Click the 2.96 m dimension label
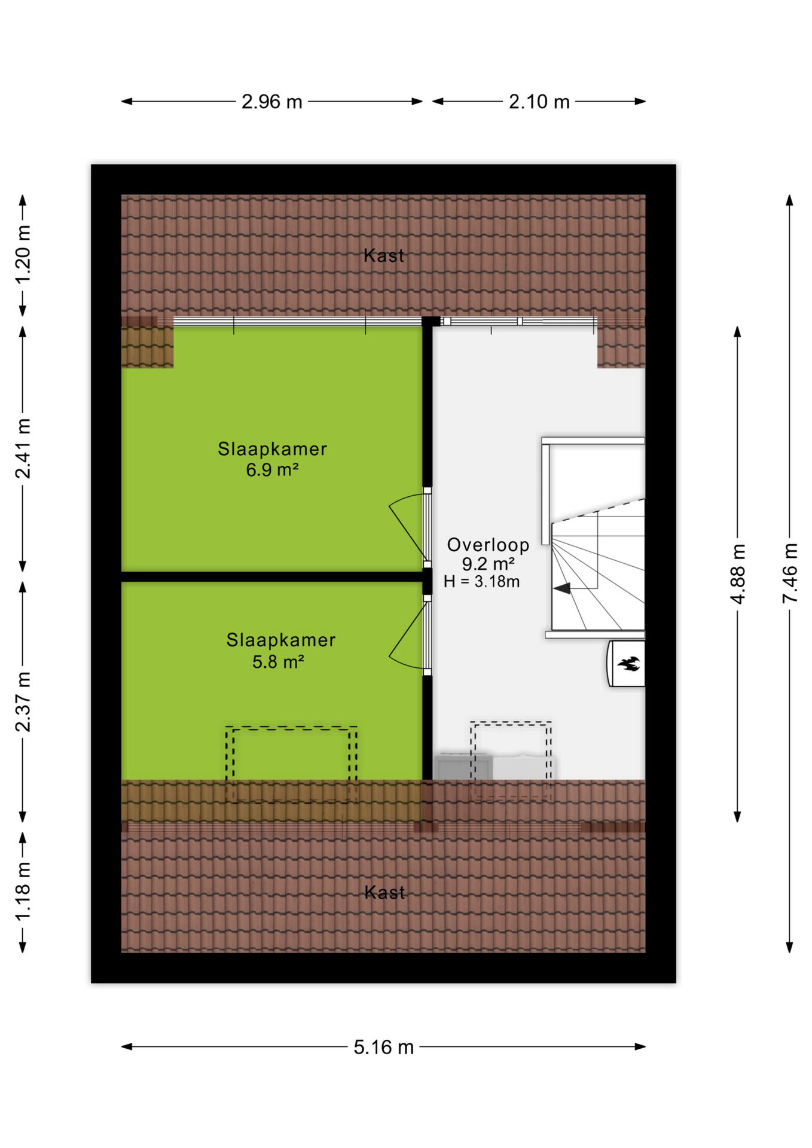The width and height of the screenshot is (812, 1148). pos(271,102)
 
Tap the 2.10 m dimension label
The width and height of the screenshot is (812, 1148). pos(539,102)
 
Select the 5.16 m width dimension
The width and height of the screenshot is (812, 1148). pos(383,1047)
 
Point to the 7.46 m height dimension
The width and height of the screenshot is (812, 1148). pos(790,573)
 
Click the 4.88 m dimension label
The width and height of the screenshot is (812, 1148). pos(738,574)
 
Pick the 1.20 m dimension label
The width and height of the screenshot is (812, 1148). pos(23,255)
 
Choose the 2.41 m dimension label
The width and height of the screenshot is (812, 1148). pos(23,448)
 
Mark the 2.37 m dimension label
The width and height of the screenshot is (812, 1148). pos(23,701)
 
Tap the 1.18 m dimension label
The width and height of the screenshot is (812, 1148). pos(23,892)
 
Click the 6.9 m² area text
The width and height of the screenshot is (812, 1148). pos(272,470)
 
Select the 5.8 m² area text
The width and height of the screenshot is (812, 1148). pos(278,662)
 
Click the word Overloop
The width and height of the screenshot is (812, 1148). pos(488,545)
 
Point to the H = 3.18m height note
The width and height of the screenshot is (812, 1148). pos(481,582)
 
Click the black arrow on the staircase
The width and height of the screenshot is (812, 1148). pos(562,588)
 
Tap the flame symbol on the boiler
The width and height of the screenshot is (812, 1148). pos(628,663)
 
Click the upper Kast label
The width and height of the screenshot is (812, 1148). pos(383,256)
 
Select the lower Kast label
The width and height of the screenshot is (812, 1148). pos(384,893)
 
